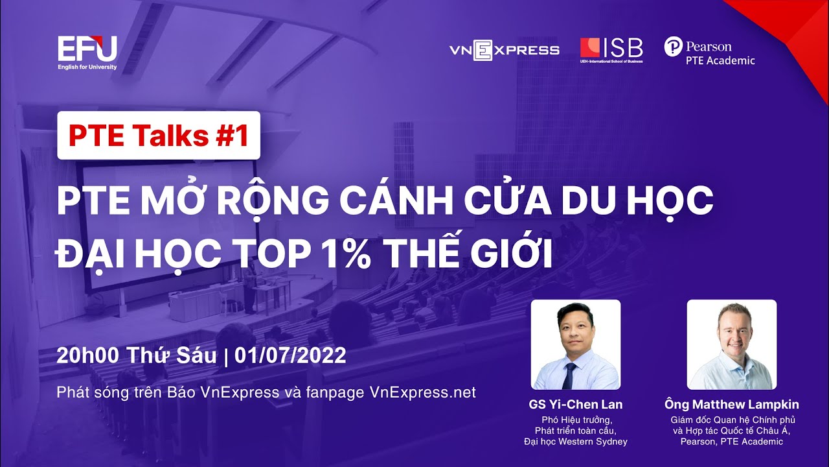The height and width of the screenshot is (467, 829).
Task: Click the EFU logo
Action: [87, 53]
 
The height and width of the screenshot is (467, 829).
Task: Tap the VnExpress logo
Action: [505, 50]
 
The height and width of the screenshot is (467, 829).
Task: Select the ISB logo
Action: [611, 51]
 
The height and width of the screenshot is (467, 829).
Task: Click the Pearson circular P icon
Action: [673, 46]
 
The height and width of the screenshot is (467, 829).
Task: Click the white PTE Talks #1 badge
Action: [159, 136]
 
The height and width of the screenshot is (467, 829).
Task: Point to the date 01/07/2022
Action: [290, 355]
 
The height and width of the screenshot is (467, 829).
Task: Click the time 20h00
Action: [87, 355]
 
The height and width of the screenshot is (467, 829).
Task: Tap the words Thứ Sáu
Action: [172, 355]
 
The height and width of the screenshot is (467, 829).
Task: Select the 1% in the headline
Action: [348, 255]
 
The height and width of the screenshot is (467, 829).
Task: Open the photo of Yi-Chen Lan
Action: [576, 344]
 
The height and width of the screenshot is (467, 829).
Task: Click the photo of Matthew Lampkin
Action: [732, 344]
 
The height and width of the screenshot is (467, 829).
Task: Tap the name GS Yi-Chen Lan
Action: [576, 404]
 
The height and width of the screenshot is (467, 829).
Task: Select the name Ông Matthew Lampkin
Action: [732, 404]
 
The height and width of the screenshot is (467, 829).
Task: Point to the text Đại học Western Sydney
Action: [576, 442]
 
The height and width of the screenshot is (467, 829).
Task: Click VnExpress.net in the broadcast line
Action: [423, 392]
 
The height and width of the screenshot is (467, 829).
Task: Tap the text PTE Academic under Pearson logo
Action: [720, 60]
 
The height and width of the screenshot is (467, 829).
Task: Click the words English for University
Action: [87, 67]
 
